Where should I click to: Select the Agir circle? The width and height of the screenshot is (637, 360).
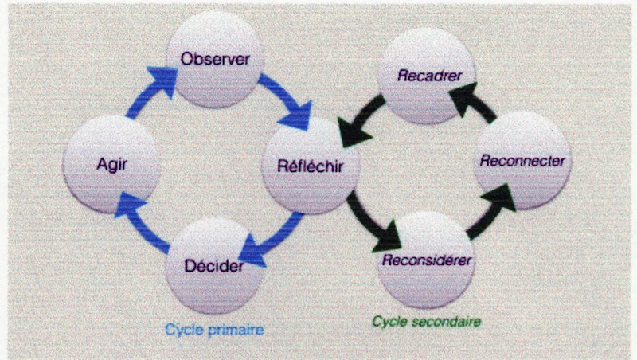point(111,166)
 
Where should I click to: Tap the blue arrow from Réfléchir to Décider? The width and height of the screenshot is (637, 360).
point(275,235)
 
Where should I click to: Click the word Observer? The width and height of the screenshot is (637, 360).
point(215,59)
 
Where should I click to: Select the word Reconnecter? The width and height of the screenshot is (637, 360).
point(522,161)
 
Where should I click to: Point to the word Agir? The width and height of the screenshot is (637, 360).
point(111,166)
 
